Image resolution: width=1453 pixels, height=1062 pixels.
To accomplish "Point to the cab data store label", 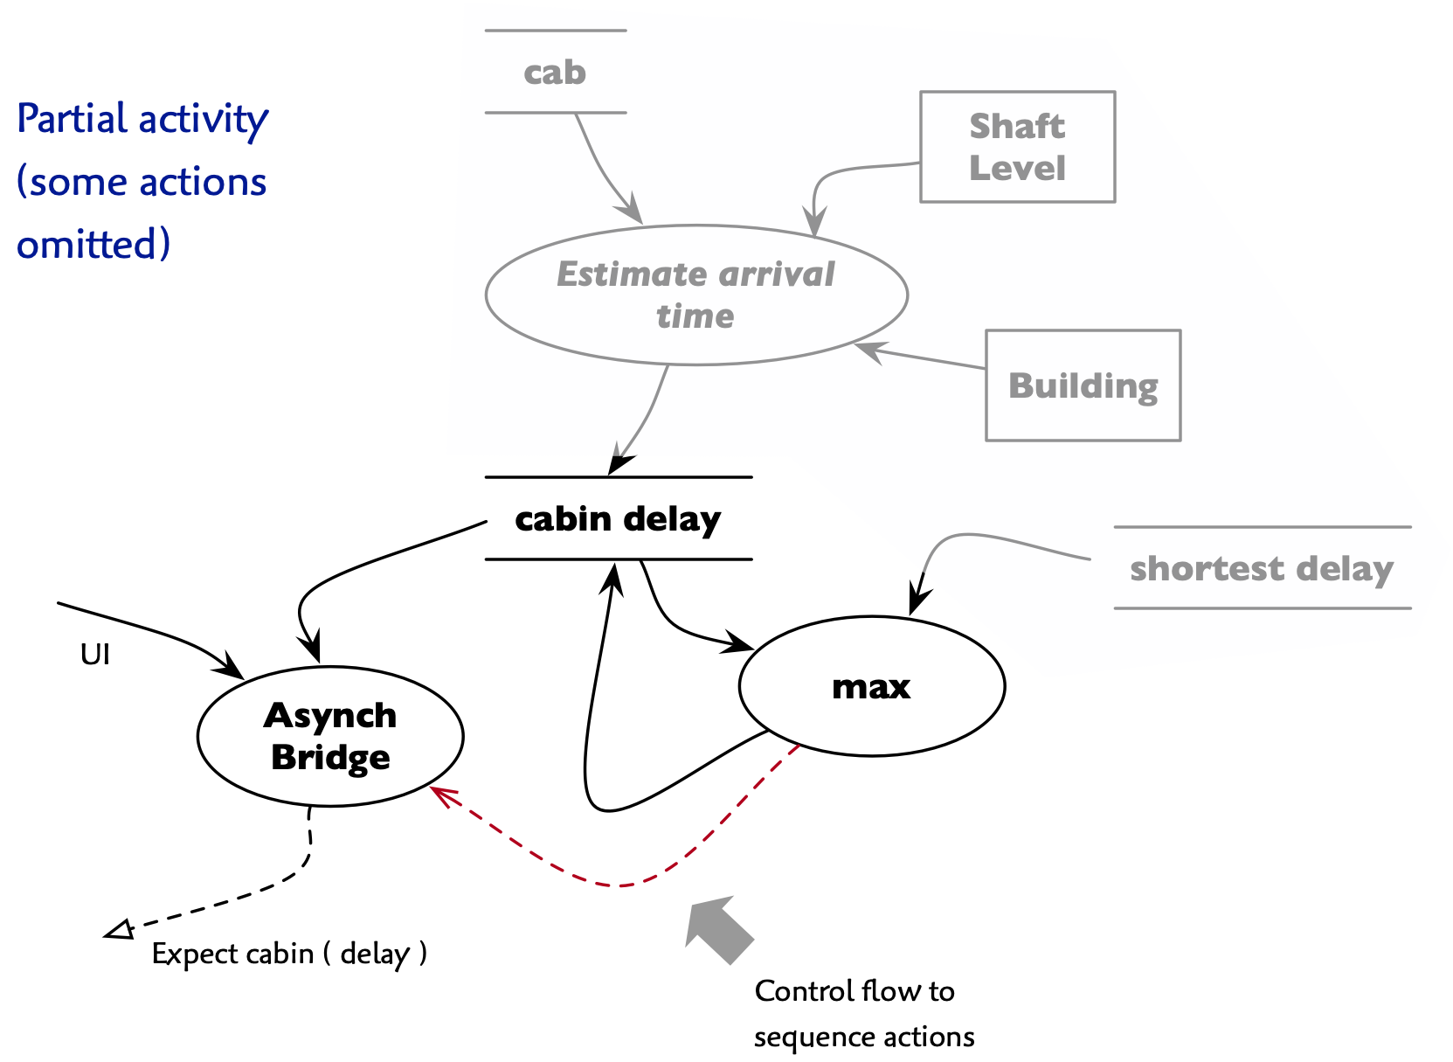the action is tap(555, 72).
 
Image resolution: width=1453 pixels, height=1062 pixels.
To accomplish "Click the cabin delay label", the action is tap(618, 519).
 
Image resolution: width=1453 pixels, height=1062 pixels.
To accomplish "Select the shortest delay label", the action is tap(1262, 569).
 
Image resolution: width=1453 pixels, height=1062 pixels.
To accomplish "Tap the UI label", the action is tap(94, 655).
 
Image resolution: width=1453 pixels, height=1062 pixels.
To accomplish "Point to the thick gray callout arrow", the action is tap(719, 929).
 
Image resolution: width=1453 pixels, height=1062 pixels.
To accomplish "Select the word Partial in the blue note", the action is tap(72, 118).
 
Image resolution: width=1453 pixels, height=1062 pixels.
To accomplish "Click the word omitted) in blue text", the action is tap(93, 244).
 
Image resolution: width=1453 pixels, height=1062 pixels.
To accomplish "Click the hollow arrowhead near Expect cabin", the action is tap(120, 930).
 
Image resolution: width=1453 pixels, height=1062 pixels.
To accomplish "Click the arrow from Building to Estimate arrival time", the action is tap(920, 357).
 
